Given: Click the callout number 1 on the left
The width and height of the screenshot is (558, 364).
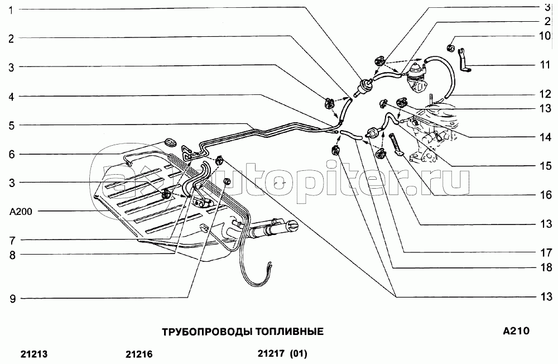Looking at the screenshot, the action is pos(11,9).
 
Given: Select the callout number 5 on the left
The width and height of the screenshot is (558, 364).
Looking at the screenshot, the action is pos(12,126).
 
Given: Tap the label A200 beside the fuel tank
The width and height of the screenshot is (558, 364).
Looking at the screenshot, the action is pos(21,212).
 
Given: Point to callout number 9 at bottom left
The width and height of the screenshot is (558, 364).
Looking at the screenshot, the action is pos(12,299).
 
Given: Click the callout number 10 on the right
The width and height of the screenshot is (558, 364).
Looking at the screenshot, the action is pos(545,36).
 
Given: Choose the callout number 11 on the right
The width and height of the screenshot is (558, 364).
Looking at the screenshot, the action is pos(545,65).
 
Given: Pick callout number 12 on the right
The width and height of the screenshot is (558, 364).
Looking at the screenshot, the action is pos(545,95).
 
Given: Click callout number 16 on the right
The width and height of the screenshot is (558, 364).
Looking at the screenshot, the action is pos(545,195).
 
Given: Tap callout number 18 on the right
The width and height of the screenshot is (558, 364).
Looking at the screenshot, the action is pos(546,267).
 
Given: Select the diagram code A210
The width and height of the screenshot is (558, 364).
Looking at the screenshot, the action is pos(516,331).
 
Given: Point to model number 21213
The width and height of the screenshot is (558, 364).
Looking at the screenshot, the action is pos(34,355).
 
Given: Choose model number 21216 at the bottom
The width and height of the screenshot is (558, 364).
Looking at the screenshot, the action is pos(139,355).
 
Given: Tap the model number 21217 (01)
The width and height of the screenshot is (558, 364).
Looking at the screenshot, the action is pos(282,353).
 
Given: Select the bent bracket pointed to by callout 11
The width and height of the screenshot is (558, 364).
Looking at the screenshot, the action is pos(464,60).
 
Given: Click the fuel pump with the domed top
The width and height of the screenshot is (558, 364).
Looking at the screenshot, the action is pos(416,75).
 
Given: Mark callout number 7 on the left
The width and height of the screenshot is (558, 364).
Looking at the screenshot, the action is pos(12,241).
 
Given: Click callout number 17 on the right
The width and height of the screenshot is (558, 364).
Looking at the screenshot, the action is pos(546,253).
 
